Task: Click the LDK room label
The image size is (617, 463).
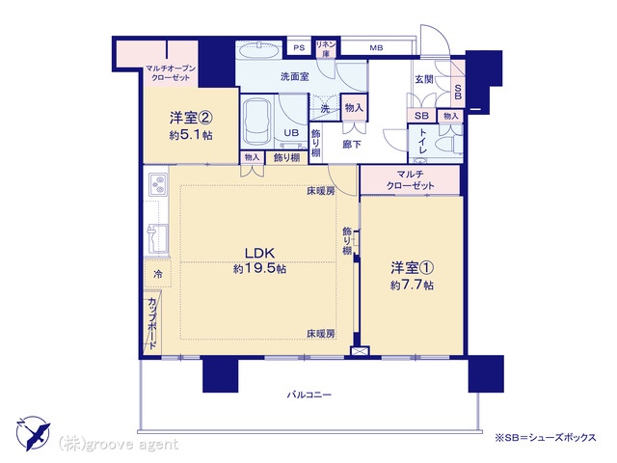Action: coord(259,253)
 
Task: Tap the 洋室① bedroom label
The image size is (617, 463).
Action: coord(412,268)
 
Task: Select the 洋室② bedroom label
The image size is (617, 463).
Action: coord(191,118)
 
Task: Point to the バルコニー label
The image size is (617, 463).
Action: coord(308,395)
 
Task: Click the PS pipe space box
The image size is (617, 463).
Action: coord(299,47)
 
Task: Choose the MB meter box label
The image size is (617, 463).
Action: coord(376,48)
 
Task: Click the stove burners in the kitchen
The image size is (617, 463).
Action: coord(158,184)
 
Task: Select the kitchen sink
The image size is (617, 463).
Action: coord(158,238)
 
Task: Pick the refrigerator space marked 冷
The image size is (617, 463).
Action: coord(157,274)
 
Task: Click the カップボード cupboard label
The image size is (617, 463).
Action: coord(152,323)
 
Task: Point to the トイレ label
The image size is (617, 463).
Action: coord(423,142)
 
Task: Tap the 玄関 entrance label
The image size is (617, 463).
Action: coord(424,79)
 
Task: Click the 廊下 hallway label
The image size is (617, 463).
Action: coord(352,145)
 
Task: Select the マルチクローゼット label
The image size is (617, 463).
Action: coord(410,179)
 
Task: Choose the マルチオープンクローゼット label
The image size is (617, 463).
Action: coord(171,73)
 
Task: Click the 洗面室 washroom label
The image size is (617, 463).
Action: coord(295,76)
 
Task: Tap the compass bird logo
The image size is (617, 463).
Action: coord(33,433)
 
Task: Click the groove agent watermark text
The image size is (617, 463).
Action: coord(119,445)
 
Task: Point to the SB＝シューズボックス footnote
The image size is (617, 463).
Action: coord(546,437)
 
